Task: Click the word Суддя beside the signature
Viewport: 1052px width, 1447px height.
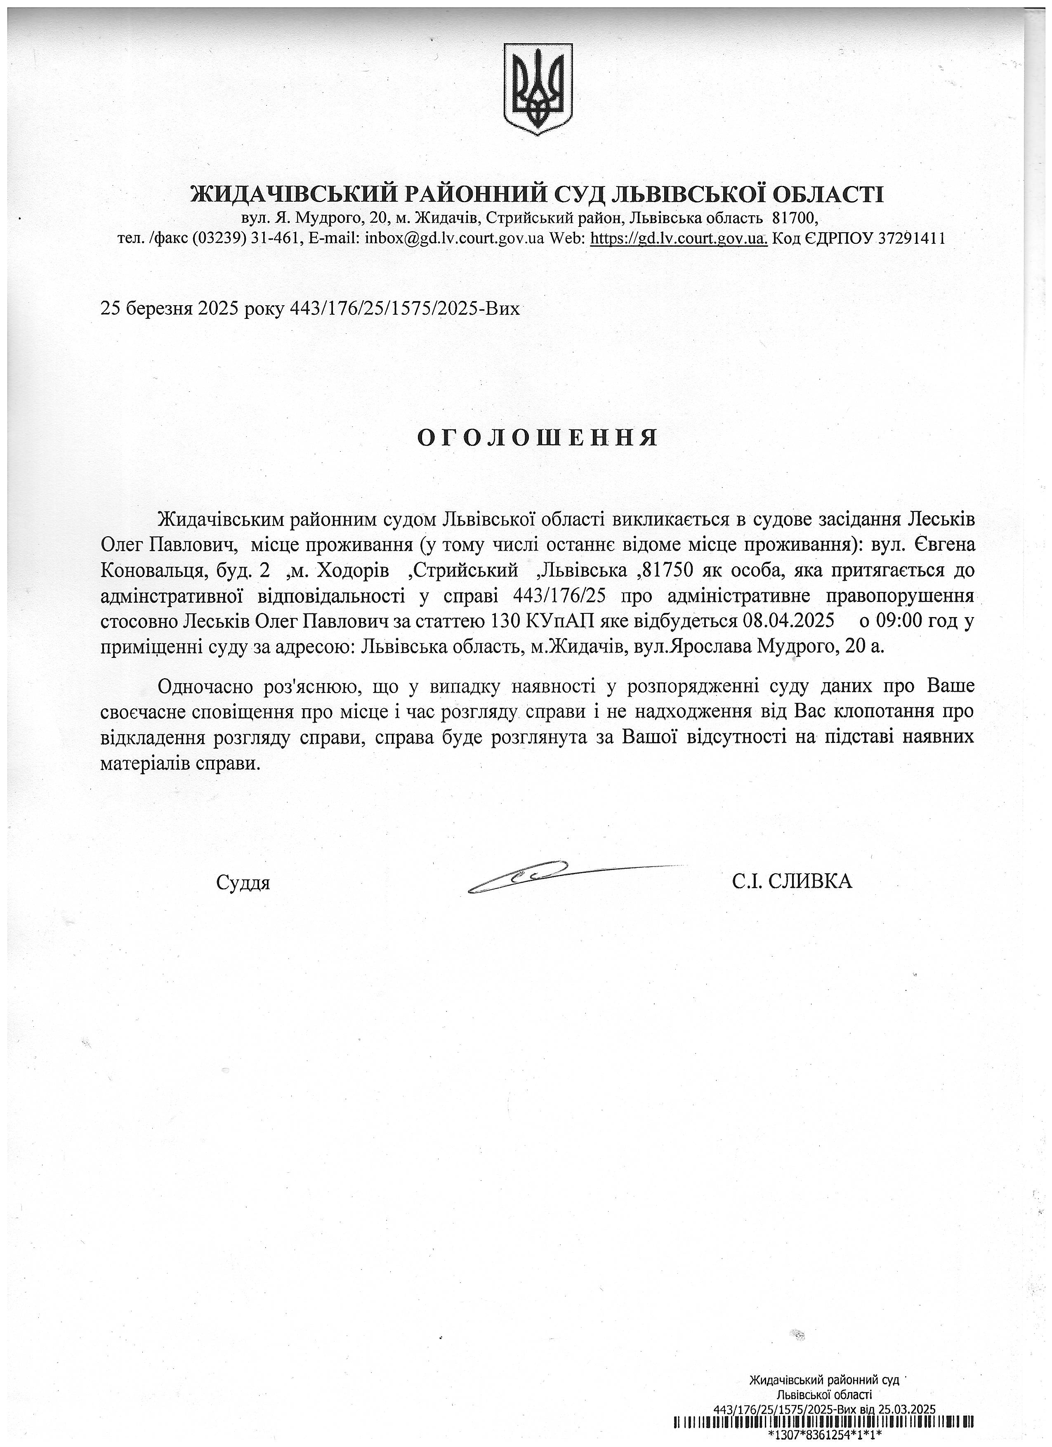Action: [x=243, y=883]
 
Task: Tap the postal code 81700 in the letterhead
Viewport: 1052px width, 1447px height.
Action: [x=794, y=218]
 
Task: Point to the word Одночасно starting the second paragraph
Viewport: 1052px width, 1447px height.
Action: [x=206, y=686]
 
